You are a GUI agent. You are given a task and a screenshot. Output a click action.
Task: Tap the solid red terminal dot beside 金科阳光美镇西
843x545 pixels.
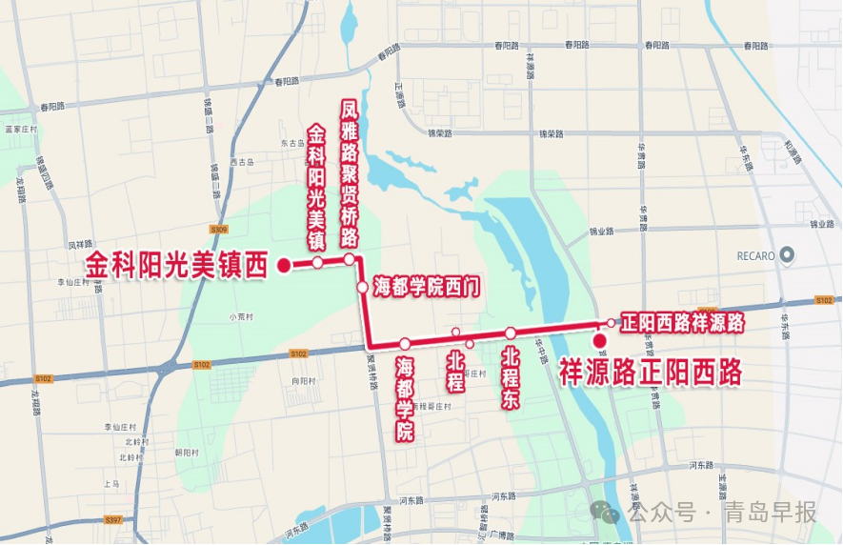[283, 266]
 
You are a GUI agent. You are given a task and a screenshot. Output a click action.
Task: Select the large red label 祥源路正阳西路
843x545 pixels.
[650, 372]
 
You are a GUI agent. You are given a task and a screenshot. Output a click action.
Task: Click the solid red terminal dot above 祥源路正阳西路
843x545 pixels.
[599, 342]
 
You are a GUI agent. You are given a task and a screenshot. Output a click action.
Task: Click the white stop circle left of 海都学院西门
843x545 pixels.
[362, 287]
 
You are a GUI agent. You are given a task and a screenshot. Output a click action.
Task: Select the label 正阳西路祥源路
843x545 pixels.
[681, 322]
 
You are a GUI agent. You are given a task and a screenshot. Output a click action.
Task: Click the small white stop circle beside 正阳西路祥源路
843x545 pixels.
[611, 323]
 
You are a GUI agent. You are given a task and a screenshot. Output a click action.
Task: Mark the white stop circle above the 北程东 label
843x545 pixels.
[511, 333]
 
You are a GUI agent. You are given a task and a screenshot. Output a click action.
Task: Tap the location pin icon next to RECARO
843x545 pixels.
[787, 254]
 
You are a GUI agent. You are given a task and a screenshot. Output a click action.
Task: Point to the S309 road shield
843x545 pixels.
[218, 230]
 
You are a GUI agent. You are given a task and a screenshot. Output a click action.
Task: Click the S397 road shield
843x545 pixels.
[113, 519]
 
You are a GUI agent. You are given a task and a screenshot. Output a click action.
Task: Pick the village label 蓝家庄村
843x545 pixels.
[20, 129]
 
